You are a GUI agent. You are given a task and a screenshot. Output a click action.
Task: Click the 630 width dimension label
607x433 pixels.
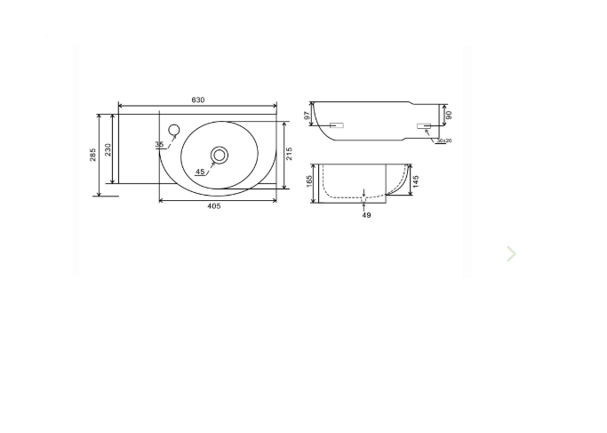click(x=197, y=100)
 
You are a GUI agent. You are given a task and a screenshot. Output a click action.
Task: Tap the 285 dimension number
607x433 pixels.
click(x=93, y=155)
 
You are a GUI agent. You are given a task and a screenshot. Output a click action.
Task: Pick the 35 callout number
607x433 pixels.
click(x=159, y=145)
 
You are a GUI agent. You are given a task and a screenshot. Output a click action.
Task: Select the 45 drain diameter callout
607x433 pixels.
click(x=200, y=172)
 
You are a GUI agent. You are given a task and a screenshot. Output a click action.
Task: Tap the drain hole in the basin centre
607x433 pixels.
click(x=219, y=156)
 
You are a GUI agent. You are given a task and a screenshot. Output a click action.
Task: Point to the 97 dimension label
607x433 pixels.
click(x=308, y=116)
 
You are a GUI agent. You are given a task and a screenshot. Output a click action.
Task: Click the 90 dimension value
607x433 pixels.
click(x=449, y=116)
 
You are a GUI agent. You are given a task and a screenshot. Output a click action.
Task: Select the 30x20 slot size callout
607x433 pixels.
click(x=443, y=140)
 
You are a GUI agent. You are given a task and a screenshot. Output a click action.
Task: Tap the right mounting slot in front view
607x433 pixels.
click(x=423, y=126)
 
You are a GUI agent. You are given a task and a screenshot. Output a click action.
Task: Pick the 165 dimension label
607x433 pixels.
click(x=309, y=181)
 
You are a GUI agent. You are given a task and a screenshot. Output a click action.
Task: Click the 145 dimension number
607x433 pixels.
click(x=416, y=181)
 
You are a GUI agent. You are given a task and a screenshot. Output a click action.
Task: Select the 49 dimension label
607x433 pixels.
click(x=366, y=215)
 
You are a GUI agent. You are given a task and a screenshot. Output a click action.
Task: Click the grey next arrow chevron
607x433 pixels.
click(x=511, y=254)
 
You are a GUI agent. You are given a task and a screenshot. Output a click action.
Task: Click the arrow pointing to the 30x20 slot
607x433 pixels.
click(x=429, y=133)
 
